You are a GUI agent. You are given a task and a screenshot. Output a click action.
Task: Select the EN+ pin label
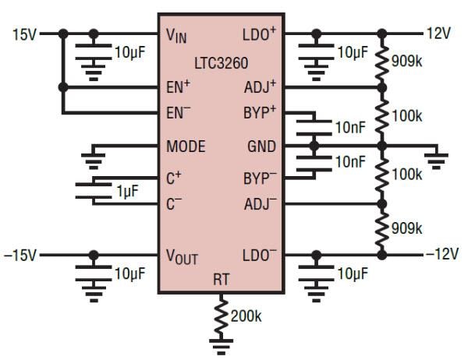[179, 87]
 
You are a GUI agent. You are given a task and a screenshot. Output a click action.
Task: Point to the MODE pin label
[186, 146]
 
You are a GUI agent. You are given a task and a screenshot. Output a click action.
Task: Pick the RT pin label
[222, 279]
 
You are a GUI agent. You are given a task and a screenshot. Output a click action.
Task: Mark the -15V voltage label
[22, 255]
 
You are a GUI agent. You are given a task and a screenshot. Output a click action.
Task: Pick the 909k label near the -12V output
[406, 229]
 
